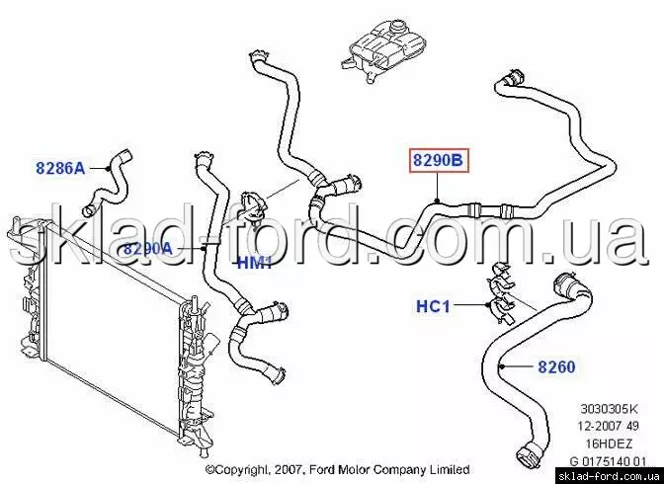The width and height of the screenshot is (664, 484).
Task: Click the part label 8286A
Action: (60, 168)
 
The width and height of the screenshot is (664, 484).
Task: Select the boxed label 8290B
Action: (439, 160)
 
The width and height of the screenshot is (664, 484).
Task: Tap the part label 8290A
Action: (148, 249)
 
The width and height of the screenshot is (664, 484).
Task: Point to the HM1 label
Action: (254, 263)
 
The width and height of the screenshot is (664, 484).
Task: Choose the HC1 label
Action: (433, 306)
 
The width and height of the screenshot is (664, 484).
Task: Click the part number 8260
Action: (556, 366)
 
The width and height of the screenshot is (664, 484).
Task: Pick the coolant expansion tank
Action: (383, 50)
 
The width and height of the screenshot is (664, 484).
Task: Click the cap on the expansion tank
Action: (397, 28)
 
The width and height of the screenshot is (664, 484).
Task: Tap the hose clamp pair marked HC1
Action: (501, 293)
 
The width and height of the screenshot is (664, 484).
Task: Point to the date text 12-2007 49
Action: (609, 426)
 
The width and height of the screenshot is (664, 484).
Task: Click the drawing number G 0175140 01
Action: (609, 460)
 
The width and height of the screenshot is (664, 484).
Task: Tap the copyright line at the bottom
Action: (338, 469)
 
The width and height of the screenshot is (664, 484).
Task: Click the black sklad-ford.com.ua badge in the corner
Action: (610, 476)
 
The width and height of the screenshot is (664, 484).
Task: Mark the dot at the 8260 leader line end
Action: (501, 366)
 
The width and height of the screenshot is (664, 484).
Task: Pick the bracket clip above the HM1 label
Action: (253, 206)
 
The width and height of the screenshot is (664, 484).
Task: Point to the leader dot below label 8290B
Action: (438, 200)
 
